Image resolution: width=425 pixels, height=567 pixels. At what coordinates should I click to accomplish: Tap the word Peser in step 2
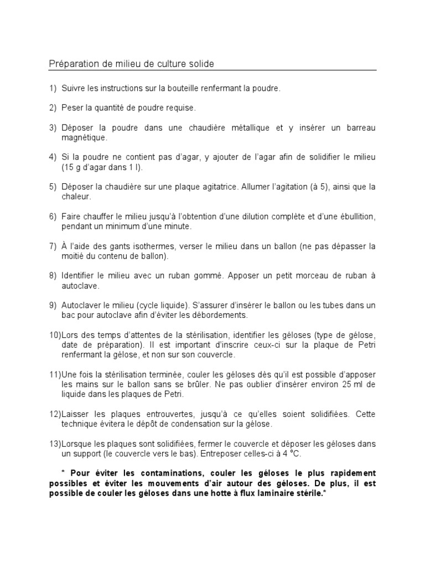point(73,108)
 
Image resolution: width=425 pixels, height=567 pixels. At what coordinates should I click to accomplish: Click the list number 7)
point(53,245)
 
